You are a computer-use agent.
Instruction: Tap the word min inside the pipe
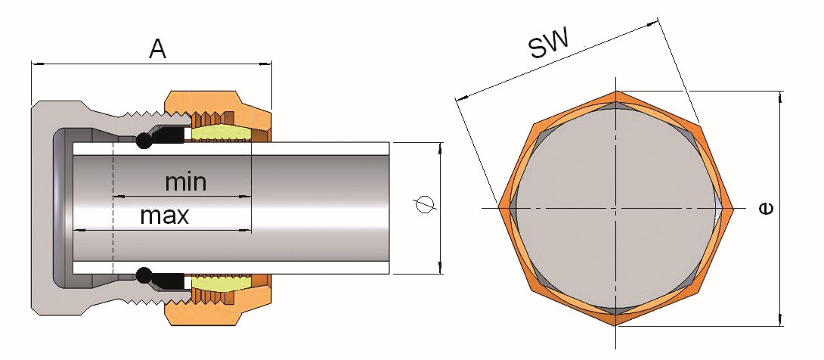coord(185,182)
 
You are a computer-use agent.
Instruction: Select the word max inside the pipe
coord(165,215)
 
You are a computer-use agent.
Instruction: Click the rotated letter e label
coord(767,209)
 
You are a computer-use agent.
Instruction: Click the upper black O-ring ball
coord(143,141)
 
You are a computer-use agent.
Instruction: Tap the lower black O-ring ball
coord(143,275)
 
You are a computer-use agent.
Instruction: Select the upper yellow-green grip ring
coord(221,134)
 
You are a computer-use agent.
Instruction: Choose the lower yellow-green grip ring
coord(221,282)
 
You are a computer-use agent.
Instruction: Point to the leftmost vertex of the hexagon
coord(497,209)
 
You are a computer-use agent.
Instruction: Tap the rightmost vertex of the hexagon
coord(733,209)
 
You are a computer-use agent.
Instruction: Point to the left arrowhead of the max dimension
coord(78,230)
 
